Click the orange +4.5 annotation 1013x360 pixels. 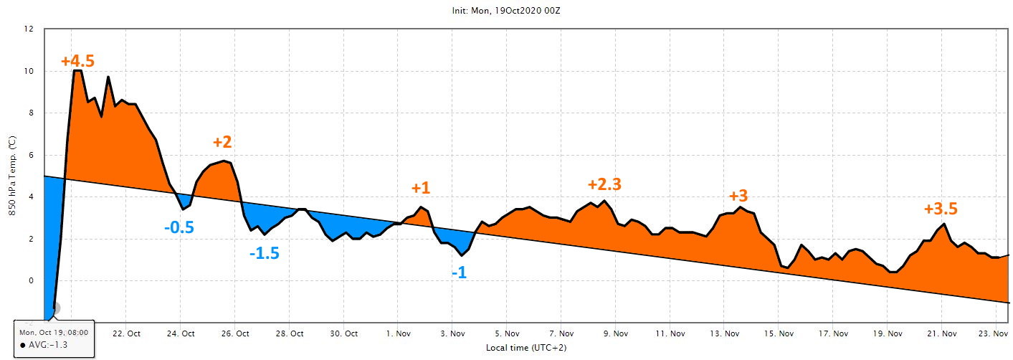pos(77,61)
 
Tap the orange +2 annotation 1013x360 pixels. pos(222,141)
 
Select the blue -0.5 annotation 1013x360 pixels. pos(179,227)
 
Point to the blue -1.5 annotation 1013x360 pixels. pos(264,253)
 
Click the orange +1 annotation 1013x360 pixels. pos(421,188)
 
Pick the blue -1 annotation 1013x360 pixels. pos(459,273)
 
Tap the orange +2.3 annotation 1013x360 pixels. pos(604,184)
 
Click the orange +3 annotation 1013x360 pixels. pos(738,196)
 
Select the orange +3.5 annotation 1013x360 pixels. pos(941,209)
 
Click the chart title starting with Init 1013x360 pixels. pos(506,11)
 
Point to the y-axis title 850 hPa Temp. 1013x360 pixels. pos(12,176)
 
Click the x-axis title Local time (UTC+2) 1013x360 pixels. pos(526,348)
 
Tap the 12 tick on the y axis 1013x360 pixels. pos(29,29)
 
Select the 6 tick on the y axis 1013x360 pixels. pos(31,155)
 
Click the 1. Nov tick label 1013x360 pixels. pos(398,333)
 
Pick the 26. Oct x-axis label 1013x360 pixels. pos(235,333)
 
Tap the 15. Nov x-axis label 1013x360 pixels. pos(779,333)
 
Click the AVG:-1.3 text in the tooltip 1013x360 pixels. pos(47,345)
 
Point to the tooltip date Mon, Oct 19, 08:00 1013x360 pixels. pos(54,333)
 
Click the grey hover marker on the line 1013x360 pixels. pos(54,308)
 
